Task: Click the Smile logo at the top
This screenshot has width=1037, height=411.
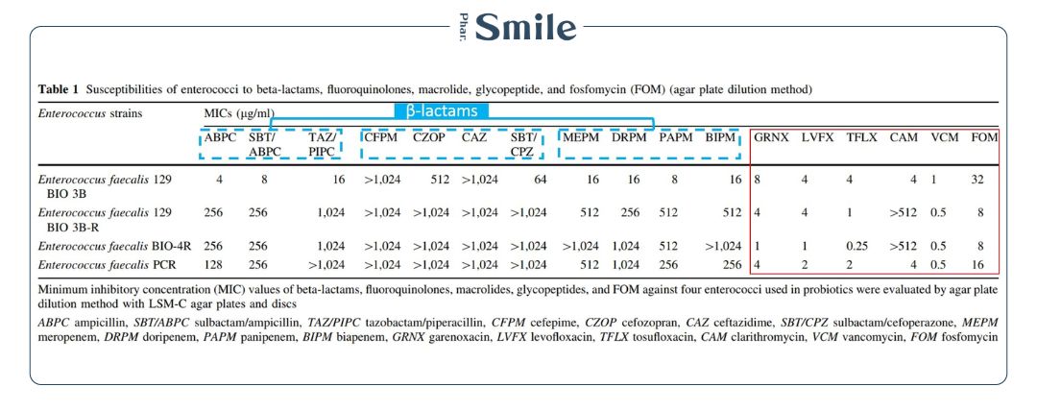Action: [x=518, y=26]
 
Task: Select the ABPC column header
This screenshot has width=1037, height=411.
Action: [x=219, y=136]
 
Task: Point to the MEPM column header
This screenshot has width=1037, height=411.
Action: [x=581, y=136]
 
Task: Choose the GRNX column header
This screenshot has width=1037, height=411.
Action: [x=771, y=136]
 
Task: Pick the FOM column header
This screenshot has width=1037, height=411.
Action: [x=984, y=136]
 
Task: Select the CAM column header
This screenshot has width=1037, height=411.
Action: [x=904, y=136]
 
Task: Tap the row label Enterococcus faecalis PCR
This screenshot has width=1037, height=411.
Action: [x=106, y=264]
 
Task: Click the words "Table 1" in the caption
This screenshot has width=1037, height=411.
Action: [x=59, y=90]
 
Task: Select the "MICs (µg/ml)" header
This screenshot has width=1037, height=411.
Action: [x=232, y=113]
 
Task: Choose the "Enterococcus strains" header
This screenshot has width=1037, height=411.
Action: [x=88, y=113]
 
